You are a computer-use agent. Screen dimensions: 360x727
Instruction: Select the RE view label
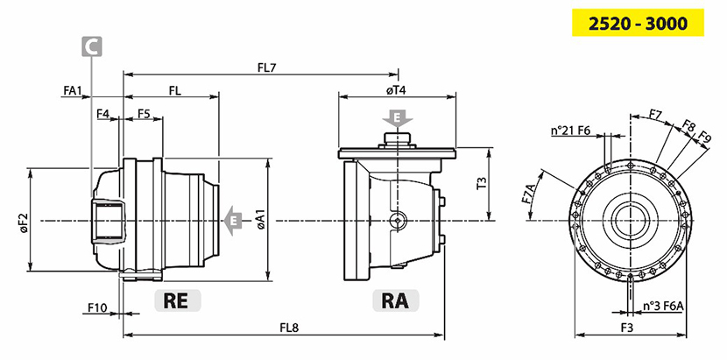[x=176, y=300]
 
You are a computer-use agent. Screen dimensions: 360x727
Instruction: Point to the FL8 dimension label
[x=289, y=328]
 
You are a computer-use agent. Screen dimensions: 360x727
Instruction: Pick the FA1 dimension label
[x=74, y=90]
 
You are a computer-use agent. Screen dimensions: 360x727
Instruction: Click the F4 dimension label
[x=103, y=114]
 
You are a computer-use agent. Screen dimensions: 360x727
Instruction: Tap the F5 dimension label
[x=145, y=114]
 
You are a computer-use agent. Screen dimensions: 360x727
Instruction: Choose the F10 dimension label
[x=97, y=307]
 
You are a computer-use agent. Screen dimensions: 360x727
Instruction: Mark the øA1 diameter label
[x=260, y=219]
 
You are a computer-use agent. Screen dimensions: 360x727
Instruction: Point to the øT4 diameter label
[x=398, y=89]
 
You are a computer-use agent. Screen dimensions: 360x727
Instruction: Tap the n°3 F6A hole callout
[x=662, y=306]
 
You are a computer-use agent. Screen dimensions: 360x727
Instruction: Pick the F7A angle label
[x=528, y=194]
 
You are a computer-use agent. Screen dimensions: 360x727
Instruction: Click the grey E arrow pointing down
[x=398, y=117]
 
